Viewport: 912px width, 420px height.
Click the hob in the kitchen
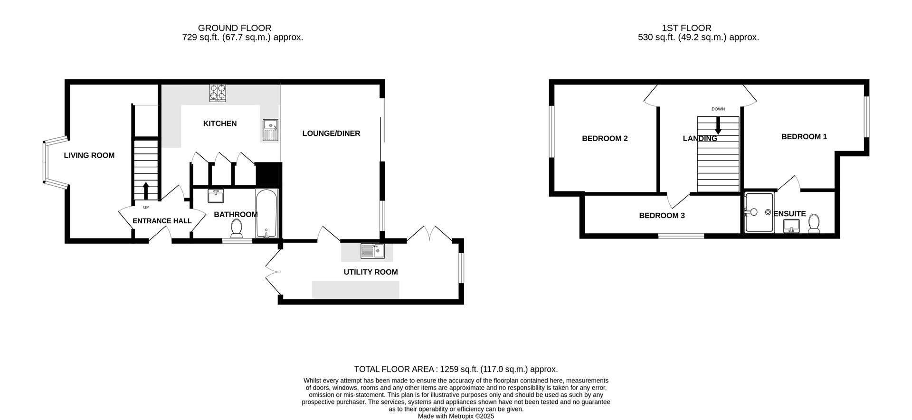click(218, 93)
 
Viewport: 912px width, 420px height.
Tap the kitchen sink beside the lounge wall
click(270, 130)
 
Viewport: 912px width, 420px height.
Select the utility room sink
click(372, 251)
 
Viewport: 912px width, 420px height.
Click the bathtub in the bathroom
click(266, 214)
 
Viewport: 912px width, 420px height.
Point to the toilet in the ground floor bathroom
click(236, 229)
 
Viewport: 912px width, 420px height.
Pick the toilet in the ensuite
click(814, 224)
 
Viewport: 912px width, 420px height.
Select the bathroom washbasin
click(216, 195)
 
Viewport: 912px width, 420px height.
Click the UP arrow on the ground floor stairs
click(145, 191)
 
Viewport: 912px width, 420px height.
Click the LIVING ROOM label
click(89, 155)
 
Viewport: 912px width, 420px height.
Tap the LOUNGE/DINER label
click(331, 134)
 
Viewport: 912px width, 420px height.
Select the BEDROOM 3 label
click(662, 216)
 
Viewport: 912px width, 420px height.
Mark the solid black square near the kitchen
click(268, 174)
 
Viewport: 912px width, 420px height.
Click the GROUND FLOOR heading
click(235, 28)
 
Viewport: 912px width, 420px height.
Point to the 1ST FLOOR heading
click(686, 28)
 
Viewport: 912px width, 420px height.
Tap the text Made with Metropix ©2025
click(456, 416)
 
